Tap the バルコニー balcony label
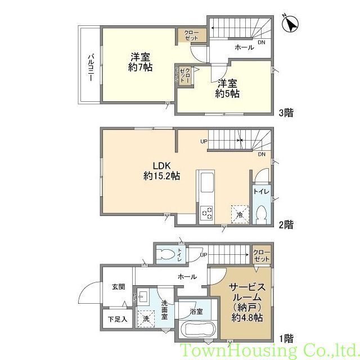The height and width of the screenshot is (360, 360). pos(90,67)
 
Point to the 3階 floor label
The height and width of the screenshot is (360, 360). pos(286,112)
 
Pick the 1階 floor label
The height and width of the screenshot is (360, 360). pos(286,339)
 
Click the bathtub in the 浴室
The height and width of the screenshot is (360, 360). pos(197,331)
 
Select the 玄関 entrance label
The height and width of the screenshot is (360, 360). pos(118,287)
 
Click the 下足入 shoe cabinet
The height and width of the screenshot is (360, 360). pos(118,319)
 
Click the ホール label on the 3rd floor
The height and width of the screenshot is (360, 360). pos(245,48)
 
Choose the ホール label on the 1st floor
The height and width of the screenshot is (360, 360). pos(187,277)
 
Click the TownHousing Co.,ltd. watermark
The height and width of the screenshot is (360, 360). pos(269,351)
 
